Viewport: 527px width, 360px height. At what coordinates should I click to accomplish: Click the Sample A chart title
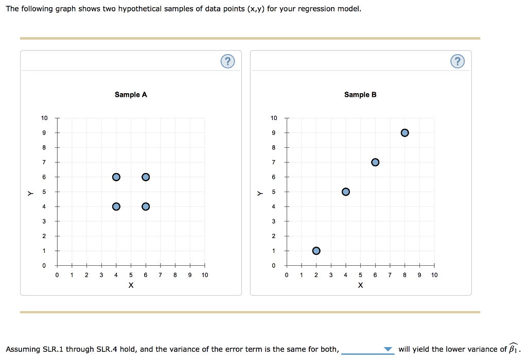[131, 95]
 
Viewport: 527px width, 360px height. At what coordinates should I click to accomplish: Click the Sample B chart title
[360, 95]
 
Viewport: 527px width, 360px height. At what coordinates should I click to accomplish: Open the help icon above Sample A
[227, 62]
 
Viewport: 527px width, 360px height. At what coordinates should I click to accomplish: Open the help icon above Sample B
[457, 62]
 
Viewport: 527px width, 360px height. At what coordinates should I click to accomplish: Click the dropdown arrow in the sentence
[388, 350]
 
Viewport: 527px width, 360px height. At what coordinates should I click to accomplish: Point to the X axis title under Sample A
[131, 285]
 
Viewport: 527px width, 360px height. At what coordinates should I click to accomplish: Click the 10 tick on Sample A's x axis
[205, 275]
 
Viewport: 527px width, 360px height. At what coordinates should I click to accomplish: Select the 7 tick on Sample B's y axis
[274, 163]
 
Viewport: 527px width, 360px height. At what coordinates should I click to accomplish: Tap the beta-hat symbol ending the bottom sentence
[513, 349]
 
